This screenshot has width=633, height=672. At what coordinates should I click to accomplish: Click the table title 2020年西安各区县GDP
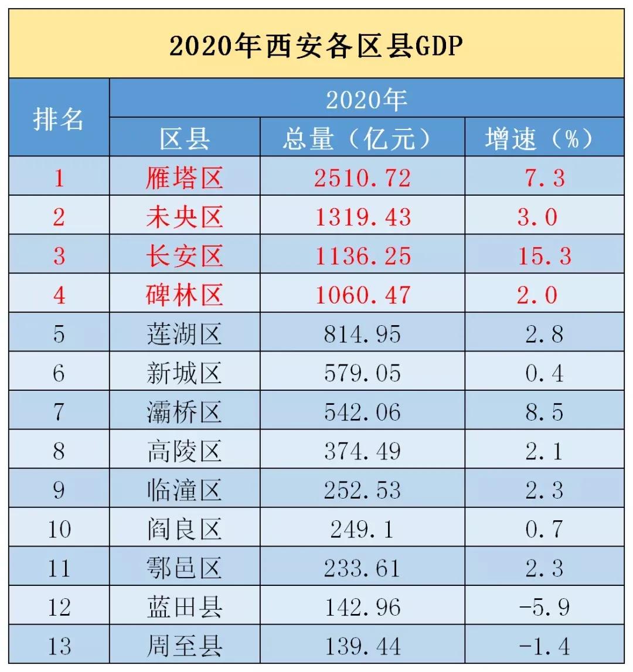point(316,46)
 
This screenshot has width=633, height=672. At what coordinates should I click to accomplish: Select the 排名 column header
point(59,119)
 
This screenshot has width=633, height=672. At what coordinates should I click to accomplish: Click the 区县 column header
point(185,139)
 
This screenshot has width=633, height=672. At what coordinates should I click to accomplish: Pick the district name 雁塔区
point(185,178)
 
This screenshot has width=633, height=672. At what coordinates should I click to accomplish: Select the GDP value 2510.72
point(362,178)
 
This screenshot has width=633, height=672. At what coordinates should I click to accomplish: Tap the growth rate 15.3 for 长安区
point(544,256)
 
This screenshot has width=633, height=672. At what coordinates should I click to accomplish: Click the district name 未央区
point(185,217)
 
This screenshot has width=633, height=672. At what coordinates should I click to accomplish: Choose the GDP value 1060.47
point(362,295)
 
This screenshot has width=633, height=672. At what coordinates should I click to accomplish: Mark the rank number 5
point(59,334)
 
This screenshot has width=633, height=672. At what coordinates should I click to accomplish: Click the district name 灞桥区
point(185,412)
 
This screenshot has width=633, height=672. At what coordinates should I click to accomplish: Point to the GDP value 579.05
point(362,373)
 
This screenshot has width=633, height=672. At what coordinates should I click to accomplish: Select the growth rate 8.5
point(544,412)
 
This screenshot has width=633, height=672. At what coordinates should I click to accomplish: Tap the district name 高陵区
point(185,451)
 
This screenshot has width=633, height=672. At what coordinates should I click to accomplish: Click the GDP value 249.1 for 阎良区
point(362,529)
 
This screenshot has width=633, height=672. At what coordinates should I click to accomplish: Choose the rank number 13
point(59,646)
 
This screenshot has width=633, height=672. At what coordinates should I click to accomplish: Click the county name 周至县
point(185,646)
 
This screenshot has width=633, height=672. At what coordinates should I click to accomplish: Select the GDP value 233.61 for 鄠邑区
point(362,568)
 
